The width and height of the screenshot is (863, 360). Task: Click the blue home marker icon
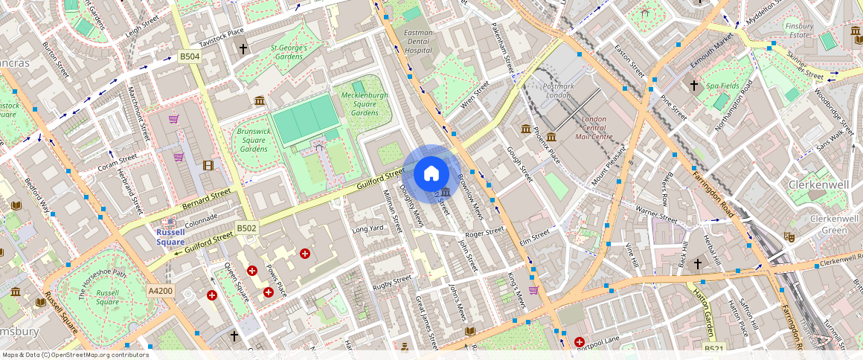[431, 174]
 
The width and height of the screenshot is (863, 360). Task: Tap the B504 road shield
[190, 57]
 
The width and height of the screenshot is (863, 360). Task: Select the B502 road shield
[246, 228]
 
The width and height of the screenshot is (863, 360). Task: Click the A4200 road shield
[160, 291]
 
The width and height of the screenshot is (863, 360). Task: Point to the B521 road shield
[713, 347]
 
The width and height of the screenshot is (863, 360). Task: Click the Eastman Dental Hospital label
[418, 42]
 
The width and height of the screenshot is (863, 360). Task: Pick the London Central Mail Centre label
[593, 128]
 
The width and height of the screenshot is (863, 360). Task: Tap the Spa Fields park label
[722, 86]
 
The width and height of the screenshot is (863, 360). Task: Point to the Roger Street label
[484, 233]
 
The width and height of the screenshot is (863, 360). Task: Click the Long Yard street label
[368, 228]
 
